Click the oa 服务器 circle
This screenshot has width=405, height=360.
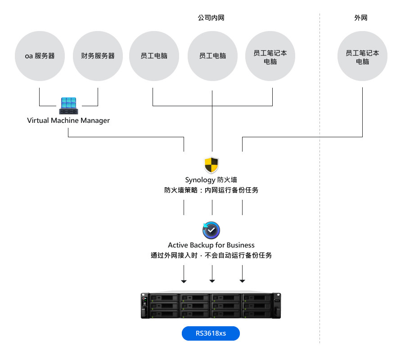click(40, 56)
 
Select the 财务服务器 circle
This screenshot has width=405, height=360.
click(98, 56)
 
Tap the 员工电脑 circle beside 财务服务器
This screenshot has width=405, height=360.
click(154, 56)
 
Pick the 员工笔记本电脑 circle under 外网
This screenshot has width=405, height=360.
click(362, 57)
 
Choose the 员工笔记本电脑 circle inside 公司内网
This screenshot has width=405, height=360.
click(270, 57)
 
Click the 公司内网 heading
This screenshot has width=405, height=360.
click(211, 18)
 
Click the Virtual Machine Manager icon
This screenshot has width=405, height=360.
click(68, 106)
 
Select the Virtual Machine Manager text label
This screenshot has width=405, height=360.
click(68, 121)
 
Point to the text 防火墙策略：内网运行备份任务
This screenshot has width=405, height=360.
click(211, 190)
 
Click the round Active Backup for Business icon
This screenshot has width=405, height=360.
click(211, 230)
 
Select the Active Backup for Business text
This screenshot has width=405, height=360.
click(211, 245)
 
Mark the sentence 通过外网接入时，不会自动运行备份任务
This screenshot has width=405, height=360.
click(211, 256)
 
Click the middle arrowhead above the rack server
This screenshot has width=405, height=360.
click(212, 281)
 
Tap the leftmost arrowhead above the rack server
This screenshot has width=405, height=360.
click(184, 281)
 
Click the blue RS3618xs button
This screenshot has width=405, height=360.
click(211, 333)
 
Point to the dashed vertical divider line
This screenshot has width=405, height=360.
click(319, 180)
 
